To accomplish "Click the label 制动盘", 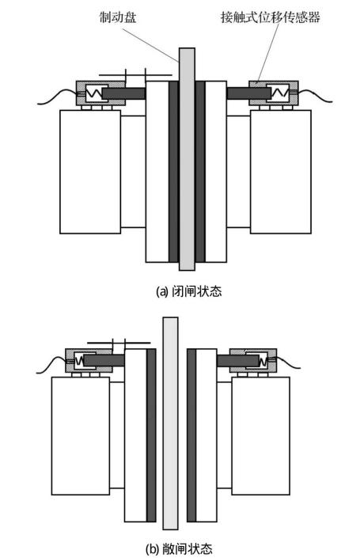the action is [118, 17].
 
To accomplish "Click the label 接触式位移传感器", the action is [271, 17].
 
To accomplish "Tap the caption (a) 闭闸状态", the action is [189, 291].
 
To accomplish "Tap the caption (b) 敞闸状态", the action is [180, 549].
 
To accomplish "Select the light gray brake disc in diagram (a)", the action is [187, 159].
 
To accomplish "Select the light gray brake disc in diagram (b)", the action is [170, 423].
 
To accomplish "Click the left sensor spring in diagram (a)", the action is [95, 93].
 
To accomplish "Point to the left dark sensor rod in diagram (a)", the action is [123, 93].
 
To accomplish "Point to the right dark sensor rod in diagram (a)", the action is [248, 93].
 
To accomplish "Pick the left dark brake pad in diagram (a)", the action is [173, 172].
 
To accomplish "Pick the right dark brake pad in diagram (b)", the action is [191, 435].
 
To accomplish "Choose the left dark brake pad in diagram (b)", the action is [151, 435].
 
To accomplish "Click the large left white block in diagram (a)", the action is [90, 172].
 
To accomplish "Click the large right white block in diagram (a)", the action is [281, 172].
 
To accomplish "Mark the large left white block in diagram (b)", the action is [81, 436].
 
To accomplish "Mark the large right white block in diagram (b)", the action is [261, 436].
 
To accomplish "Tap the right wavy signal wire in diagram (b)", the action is [288, 363].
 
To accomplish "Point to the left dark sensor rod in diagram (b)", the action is [104, 360].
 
